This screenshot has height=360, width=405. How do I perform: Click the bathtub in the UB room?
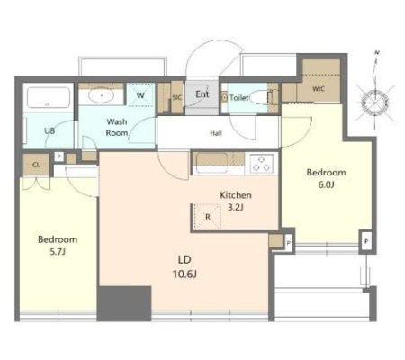[x=49, y=97]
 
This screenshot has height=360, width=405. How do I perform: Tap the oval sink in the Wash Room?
[x=101, y=95]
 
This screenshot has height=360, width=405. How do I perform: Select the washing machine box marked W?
[x=140, y=94]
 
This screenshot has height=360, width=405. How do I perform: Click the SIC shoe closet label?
[x=177, y=97]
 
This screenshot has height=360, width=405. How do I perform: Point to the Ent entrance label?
[x=202, y=94]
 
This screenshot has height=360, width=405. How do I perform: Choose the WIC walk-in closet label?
[x=319, y=89]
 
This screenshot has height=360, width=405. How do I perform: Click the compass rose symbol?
[x=374, y=102]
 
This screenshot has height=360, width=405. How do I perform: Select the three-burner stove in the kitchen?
[x=260, y=164]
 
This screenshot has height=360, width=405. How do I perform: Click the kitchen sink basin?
[x=211, y=163]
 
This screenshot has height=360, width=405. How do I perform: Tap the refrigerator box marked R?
[x=208, y=217]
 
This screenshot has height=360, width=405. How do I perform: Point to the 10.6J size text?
[x=184, y=274]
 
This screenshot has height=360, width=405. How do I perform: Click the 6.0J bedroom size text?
[x=326, y=184]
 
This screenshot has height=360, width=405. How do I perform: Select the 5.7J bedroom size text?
[x=58, y=252]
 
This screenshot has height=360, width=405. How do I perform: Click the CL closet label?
[x=36, y=165]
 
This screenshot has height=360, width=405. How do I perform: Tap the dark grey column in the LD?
[x=124, y=303]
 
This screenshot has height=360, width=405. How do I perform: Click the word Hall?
[x=216, y=133]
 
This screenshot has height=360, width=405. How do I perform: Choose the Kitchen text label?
[x=236, y=195]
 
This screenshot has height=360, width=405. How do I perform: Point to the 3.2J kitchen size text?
[x=236, y=207]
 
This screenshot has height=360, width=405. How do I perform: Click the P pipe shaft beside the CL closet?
[x=59, y=157]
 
